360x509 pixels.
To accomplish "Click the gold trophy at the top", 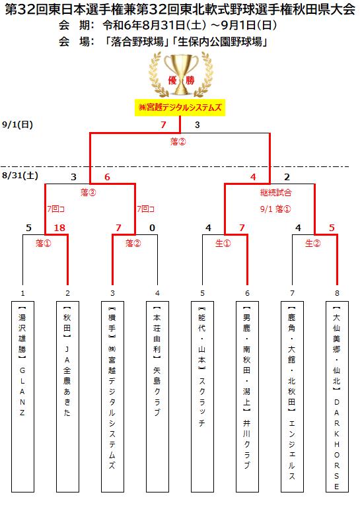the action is [x=181, y=75].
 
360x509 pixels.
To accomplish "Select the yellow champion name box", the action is [x=180, y=108].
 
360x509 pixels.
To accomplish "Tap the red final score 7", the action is [x=163, y=125].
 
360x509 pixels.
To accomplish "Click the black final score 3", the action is [x=198, y=125].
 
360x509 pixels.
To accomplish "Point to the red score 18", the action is [x=59, y=228].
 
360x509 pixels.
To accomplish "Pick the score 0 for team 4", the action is [x=152, y=228].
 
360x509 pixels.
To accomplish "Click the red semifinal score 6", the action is [x=107, y=177].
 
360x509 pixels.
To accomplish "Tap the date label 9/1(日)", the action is [x=18, y=125].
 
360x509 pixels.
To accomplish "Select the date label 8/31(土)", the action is [x=20, y=176].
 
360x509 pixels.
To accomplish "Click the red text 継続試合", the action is [x=276, y=193].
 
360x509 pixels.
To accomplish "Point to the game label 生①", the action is [x=223, y=243].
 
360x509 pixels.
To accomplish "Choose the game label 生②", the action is [x=313, y=243].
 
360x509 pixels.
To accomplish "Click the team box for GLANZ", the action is [x=22, y=397].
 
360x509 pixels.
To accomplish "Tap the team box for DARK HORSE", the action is [x=337, y=397].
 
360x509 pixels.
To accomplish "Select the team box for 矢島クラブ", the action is [x=157, y=397].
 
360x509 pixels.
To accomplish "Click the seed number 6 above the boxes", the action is [x=247, y=294].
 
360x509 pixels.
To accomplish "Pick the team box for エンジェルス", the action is [x=292, y=397].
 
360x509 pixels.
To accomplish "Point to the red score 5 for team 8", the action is [x=332, y=228].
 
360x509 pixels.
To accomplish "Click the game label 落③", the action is [x=89, y=193].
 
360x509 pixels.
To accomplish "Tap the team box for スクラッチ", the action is [x=202, y=397].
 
